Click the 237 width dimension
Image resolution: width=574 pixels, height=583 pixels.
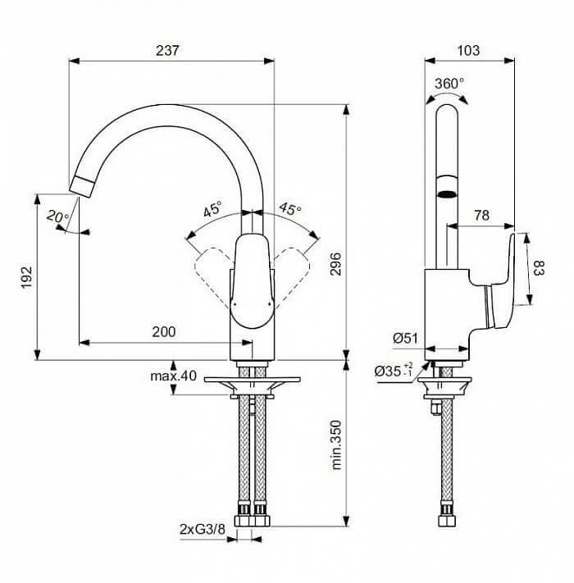[x=167, y=51]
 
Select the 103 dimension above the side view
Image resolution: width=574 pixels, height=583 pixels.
[x=468, y=51]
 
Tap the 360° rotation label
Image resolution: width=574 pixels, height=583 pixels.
[x=449, y=84]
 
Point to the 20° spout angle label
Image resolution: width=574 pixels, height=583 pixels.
[x=57, y=216]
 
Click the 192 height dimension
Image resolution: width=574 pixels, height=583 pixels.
[x=27, y=277]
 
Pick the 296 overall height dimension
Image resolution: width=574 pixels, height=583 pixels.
[x=335, y=264]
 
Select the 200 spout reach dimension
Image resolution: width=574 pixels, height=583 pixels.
[x=164, y=331]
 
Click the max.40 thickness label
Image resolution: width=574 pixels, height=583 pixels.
[x=173, y=376]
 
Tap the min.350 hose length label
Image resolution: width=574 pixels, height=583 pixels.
[x=336, y=445]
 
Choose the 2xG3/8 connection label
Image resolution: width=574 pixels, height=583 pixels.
[x=203, y=529]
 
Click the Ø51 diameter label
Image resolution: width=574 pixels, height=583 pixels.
[x=406, y=339]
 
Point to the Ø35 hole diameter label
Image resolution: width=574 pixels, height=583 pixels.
[x=394, y=371]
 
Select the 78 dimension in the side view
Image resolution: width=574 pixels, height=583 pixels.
[x=482, y=216]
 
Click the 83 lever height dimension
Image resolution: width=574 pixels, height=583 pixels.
[x=539, y=267]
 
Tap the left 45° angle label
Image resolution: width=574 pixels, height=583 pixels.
[x=212, y=209]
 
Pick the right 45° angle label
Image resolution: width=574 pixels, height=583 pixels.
[x=290, y=208]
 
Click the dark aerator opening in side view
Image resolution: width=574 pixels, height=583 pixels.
[x=447, y=194]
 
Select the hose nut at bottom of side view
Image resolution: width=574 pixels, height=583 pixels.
[x=446, y=520]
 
